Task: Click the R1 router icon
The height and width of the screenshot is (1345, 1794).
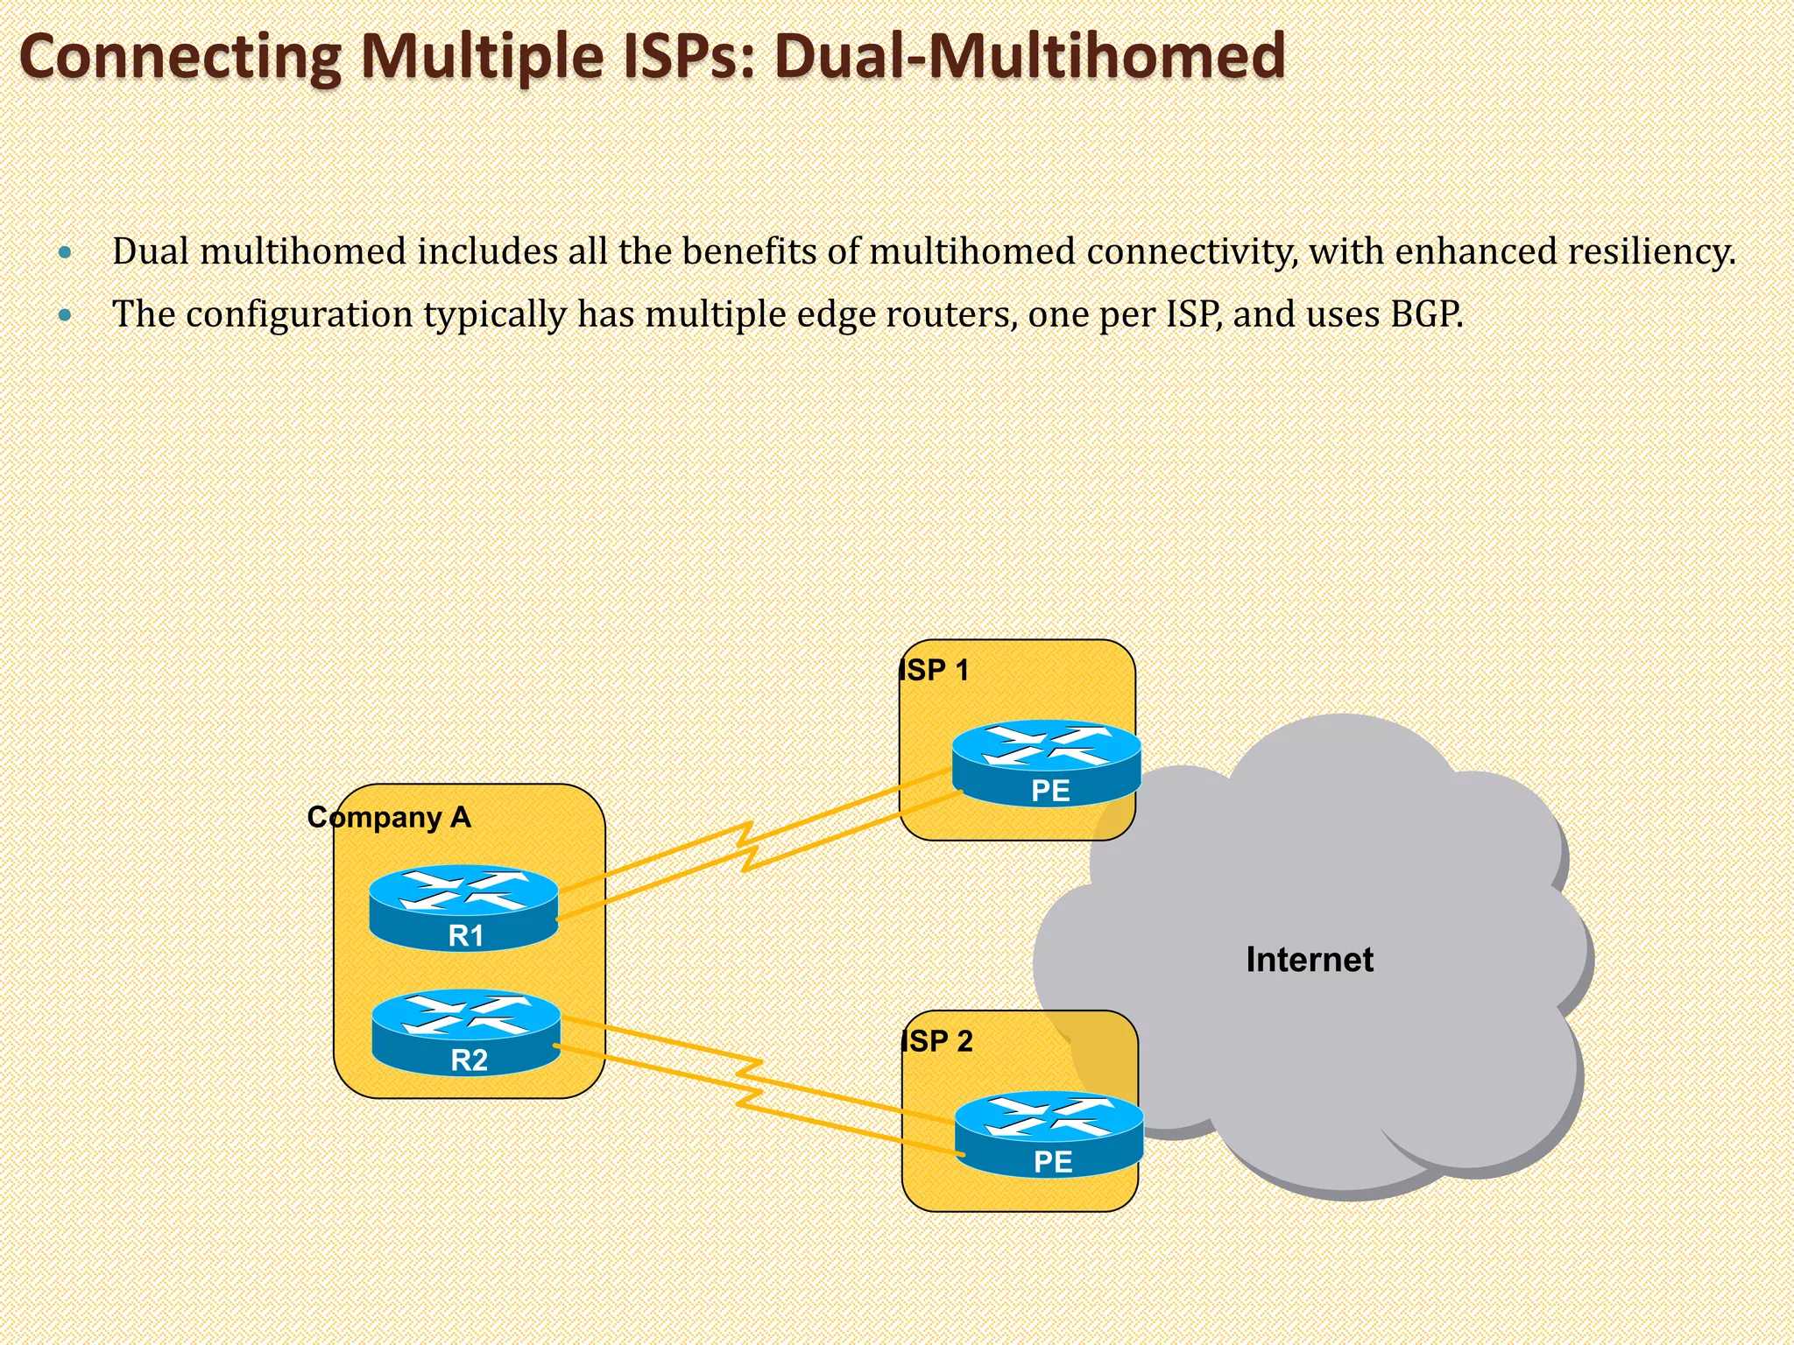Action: tap(463, 907)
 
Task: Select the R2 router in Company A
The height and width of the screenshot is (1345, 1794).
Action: tap(466, 1032)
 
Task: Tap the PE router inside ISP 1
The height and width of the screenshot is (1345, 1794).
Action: tap(1047, 763)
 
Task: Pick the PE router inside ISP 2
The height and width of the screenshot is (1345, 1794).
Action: tap(1049, 1134)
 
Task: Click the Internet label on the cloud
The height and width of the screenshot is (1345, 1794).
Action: tap(1309, 960)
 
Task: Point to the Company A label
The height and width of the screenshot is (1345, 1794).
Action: tap(389, 817)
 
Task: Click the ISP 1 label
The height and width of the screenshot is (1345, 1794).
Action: tap(934, 671)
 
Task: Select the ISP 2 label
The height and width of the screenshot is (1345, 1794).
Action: tap(936, 1042)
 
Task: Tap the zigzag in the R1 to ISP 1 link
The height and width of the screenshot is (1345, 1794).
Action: tap(747, 846)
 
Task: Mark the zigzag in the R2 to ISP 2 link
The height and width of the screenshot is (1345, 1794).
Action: tap(750, 1082)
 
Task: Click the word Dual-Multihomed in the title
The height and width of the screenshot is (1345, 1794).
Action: tap(1029, 56)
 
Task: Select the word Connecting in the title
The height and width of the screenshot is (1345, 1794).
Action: tap(180, 56)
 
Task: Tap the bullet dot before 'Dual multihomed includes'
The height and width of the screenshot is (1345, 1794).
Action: tap(65, 253)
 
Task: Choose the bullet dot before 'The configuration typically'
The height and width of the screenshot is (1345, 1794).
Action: tap(65, 315)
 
